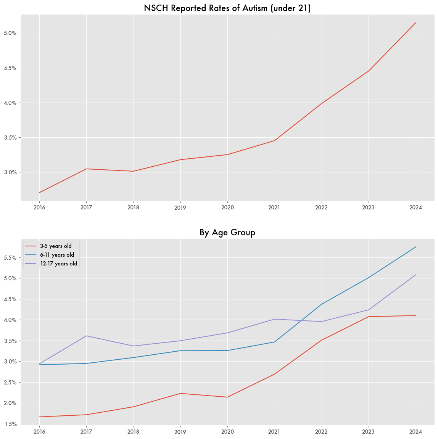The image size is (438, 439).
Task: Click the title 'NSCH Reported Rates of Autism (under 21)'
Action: click(x=227, y=8)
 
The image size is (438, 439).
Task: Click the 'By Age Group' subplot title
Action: click(x=227, y=232)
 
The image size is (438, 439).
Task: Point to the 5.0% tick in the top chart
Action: click(x=10, y=33)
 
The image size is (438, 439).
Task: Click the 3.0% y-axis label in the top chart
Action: click(x=10, y=172)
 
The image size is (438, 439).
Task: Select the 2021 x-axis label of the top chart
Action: click(x=274, y=207)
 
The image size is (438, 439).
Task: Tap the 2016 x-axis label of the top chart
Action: click(x=39, y=207)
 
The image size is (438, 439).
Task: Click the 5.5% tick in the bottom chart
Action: click(x=10, y=258)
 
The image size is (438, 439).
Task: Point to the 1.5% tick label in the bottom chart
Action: click(x=10, y=424)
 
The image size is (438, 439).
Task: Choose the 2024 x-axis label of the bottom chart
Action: click(x=415, y=432)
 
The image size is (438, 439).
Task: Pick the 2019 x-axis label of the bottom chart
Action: click(x=180, y=432)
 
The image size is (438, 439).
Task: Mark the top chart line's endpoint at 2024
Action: click(x=415, y=23)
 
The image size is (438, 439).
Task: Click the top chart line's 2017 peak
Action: click(x=86, y=169)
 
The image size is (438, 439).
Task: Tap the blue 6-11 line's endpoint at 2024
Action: click(x=415, y=247)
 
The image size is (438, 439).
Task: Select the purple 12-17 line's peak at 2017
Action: click(x=86, y=336)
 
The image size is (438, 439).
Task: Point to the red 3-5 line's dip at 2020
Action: click(x=227, y=397)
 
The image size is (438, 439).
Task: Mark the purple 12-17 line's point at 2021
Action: click(x=274, y=319)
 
